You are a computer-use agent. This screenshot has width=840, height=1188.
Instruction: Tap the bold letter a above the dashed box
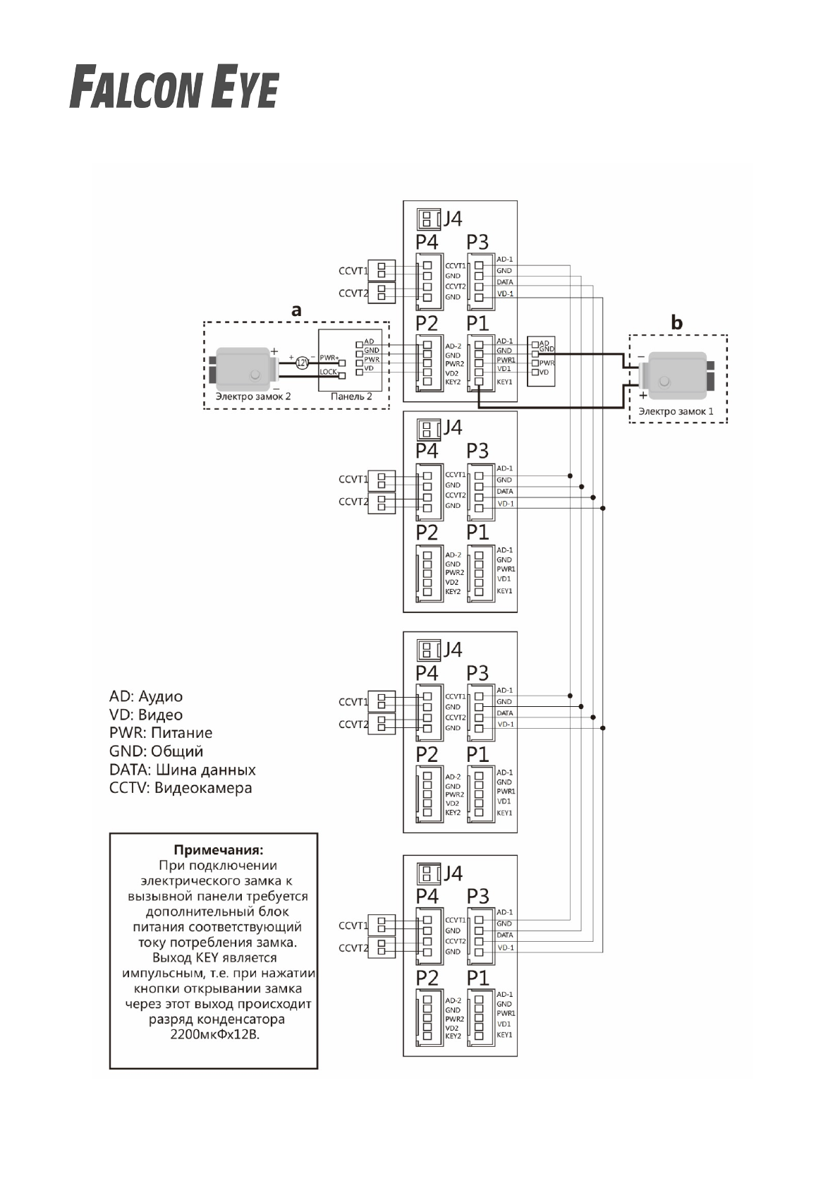(296, 310)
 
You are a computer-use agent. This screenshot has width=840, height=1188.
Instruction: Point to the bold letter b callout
(677, 323)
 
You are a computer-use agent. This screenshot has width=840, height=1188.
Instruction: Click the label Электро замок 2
(252, 396)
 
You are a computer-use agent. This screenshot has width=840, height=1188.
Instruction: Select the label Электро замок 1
(676, 411)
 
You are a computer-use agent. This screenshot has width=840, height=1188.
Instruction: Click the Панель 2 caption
(351, 396)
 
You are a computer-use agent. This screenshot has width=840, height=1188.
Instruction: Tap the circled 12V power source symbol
(302, 363)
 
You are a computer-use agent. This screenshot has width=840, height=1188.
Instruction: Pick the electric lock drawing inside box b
(676, 375)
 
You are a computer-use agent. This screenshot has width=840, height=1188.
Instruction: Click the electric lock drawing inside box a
(244, 368)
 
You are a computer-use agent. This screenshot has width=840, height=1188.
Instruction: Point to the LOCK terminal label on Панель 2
(328, 372)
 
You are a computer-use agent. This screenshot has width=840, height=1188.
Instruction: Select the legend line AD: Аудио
(146, 696)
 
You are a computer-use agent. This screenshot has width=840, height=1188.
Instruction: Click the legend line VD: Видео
(146, 715)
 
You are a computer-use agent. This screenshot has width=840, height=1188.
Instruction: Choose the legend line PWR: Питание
(161, 733)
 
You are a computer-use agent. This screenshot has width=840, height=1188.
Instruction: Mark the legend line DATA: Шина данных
(183, 770)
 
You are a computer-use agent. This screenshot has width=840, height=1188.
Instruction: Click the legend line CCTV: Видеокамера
(181, 788)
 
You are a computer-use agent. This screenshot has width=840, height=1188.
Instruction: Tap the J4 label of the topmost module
(452, 219)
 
